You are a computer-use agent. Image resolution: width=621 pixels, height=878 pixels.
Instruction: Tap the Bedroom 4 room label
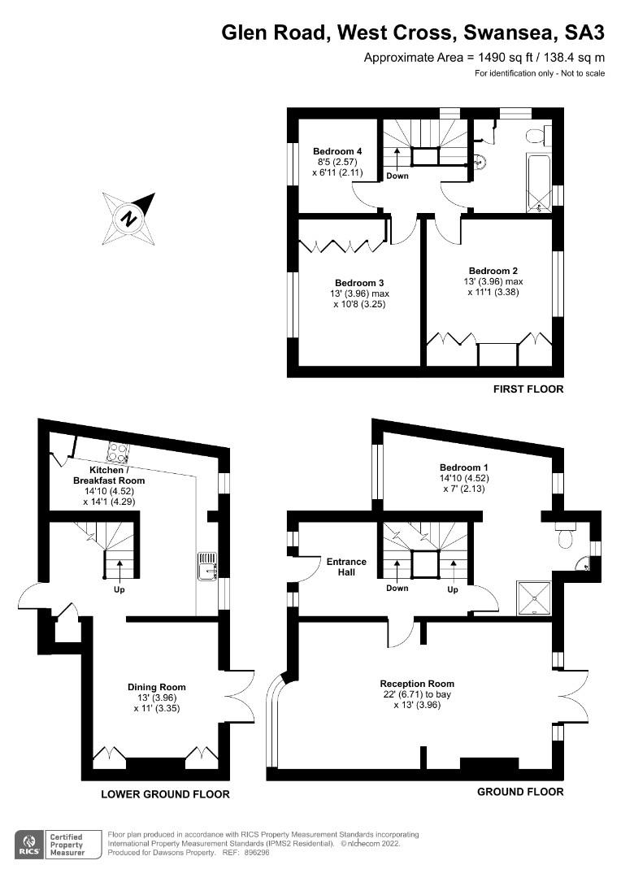point(337,151)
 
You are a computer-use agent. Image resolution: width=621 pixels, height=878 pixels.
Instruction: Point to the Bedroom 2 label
point(493,271)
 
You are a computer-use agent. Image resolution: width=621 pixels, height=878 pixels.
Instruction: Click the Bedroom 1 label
point(464,467)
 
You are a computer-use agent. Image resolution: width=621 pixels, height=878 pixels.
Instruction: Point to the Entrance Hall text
point(346,567)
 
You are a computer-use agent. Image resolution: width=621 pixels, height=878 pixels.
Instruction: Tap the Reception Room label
point(418,684)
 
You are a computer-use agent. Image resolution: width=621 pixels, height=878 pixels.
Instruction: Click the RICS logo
point(30,845)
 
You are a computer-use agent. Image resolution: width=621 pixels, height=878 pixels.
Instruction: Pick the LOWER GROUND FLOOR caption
point(165,794)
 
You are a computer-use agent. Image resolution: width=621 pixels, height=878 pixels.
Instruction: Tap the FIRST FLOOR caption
point(528,389)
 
